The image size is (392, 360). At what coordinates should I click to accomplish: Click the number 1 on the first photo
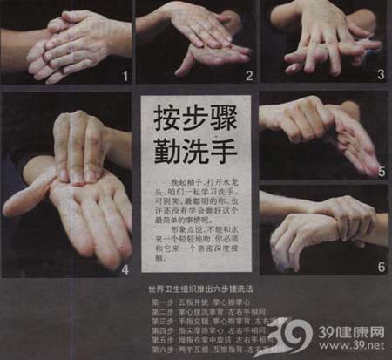click(x=125, y=76)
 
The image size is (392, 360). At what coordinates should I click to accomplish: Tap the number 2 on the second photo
click(x=248, y=76)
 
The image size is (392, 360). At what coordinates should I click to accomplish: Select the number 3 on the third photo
click(x=380, y=75)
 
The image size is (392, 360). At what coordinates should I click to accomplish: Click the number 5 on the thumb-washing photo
click(x=381, y=172)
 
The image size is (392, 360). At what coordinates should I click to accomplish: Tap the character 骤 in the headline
click(x=229, y=116)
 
